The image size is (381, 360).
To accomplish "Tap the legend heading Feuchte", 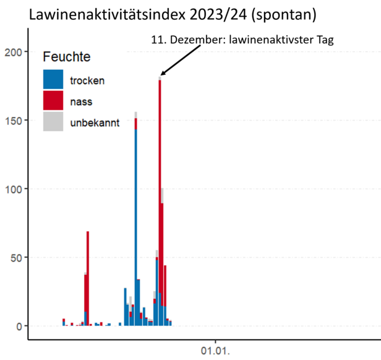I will coord(66,58).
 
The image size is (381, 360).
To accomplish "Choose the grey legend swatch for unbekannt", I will coord(53,121).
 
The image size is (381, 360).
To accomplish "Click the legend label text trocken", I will coord(87,80).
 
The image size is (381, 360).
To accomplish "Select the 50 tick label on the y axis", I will coord(17,257).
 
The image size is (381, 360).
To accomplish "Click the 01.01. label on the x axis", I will coord(215,351).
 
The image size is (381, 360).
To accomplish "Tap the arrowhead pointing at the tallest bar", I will coord(163,75).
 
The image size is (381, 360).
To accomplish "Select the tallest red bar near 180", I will coord(160,186).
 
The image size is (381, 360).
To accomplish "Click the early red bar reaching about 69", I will coord(88,278).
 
